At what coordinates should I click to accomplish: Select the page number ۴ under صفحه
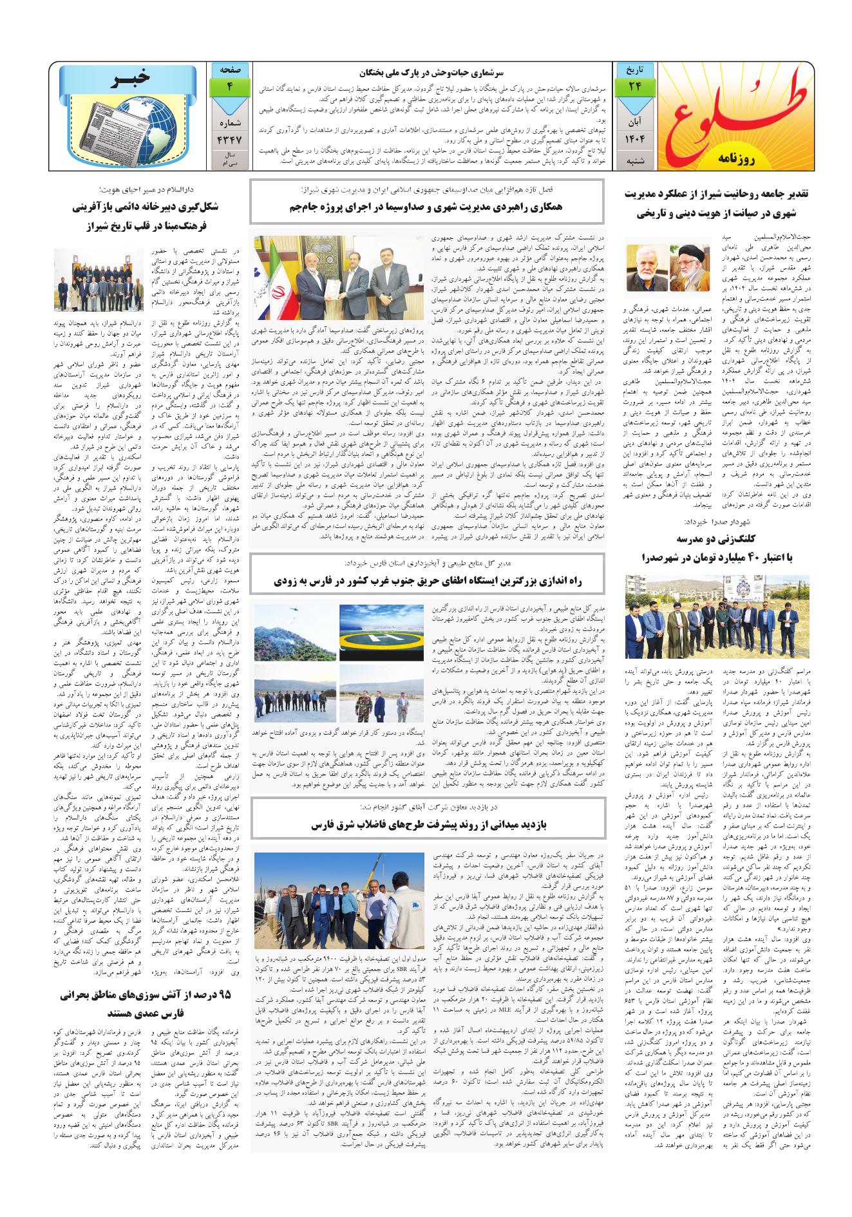tap(229, 86)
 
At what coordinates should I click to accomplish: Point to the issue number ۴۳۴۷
tap(229, 138)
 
